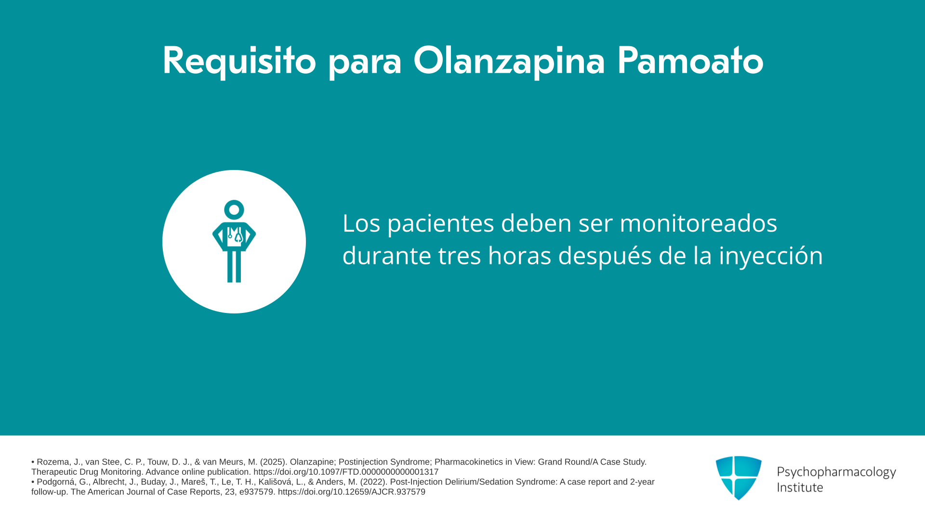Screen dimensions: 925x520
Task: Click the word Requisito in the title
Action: coord(239,61)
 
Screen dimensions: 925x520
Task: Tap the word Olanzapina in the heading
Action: coord(509,61)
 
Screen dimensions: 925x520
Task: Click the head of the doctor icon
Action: coord(234,210)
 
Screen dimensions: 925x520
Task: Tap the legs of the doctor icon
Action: coord(234,266)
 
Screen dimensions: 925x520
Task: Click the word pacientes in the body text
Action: coord(441,224)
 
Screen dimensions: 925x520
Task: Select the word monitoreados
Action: coord(698,223)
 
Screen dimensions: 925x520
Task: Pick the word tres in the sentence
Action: coord(459,256)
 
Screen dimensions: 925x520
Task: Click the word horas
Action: coord(519,255)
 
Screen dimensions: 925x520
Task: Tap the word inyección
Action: coord(771,256)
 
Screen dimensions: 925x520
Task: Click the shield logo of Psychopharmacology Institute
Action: coord(739,478)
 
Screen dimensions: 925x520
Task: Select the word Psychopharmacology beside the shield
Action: coord(836,472)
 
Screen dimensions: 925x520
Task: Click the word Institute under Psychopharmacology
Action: coord(800,487)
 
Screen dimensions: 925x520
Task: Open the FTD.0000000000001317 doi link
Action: coord(346,472)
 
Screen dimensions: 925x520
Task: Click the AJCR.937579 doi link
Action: coord(352,492)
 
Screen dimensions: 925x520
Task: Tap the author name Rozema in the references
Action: coord(53,462)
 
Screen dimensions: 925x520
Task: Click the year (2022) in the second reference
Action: coord(373,482)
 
